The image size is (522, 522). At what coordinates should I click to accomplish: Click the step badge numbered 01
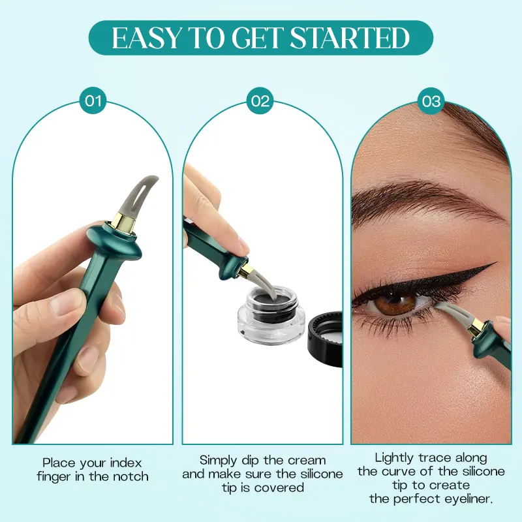93,101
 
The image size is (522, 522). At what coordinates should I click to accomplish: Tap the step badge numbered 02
260,101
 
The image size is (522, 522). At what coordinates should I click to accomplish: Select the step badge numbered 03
431,101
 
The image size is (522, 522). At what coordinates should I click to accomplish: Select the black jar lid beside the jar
326,330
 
